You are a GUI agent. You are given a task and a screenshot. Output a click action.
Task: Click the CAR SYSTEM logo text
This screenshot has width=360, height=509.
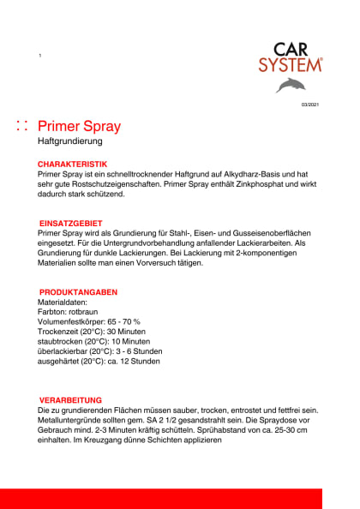(x=291, y=57)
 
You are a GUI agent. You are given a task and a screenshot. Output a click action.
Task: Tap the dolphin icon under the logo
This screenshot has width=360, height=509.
(x=294, y=85)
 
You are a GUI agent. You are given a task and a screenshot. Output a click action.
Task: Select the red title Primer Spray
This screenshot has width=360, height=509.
(x=80, y=127)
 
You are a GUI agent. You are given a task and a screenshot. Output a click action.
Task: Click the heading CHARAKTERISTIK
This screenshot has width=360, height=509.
(x=72, y=163)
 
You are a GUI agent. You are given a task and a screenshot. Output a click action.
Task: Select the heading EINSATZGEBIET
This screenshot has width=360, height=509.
(x=71, y=222)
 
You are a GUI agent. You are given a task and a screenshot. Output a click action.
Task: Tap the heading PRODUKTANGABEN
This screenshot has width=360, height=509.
(x=78, y=292)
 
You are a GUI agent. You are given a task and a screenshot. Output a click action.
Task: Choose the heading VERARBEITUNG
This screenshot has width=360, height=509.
(x=71, y=400)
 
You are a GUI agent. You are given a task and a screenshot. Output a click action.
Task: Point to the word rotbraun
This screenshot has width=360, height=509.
(x=87, y=312)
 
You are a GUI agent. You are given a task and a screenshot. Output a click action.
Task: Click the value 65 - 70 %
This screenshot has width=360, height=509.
(x=123, y=321)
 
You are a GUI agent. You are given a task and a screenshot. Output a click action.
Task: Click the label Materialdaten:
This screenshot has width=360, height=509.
(x=62, y=302)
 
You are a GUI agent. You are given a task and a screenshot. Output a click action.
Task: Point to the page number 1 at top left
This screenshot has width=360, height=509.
(x=39, y=56)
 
